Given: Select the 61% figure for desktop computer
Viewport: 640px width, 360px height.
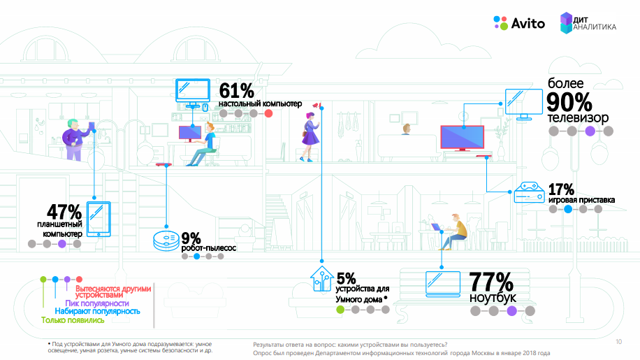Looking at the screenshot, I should pos(236,91).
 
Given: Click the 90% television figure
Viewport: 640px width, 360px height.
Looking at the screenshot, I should pos(569,102).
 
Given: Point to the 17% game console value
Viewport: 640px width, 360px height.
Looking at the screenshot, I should pos(561,189).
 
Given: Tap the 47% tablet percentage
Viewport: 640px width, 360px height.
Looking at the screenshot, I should pos(64,212).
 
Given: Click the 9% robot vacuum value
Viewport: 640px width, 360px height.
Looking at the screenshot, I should pos(191,238).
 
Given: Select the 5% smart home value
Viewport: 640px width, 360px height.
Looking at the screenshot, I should pos(346,278).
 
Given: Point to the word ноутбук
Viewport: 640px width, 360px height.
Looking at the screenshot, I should pos(493,298).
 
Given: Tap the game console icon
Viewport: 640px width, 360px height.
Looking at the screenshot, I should pos(528,192).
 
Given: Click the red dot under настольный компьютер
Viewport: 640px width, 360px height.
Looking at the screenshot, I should pos(268,113).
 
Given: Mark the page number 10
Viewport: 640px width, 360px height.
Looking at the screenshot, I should pos(618,342).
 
